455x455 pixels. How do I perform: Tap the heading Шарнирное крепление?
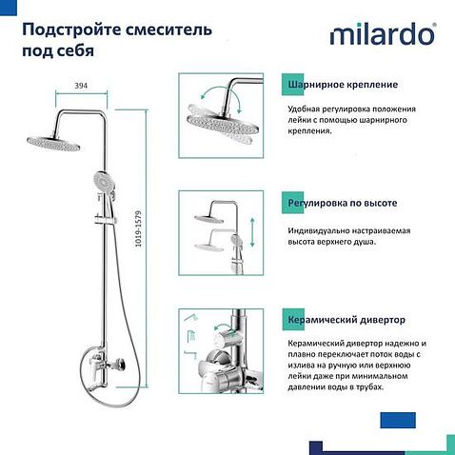336,84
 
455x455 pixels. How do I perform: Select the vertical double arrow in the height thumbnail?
252,232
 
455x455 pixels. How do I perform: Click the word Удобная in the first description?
305,109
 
